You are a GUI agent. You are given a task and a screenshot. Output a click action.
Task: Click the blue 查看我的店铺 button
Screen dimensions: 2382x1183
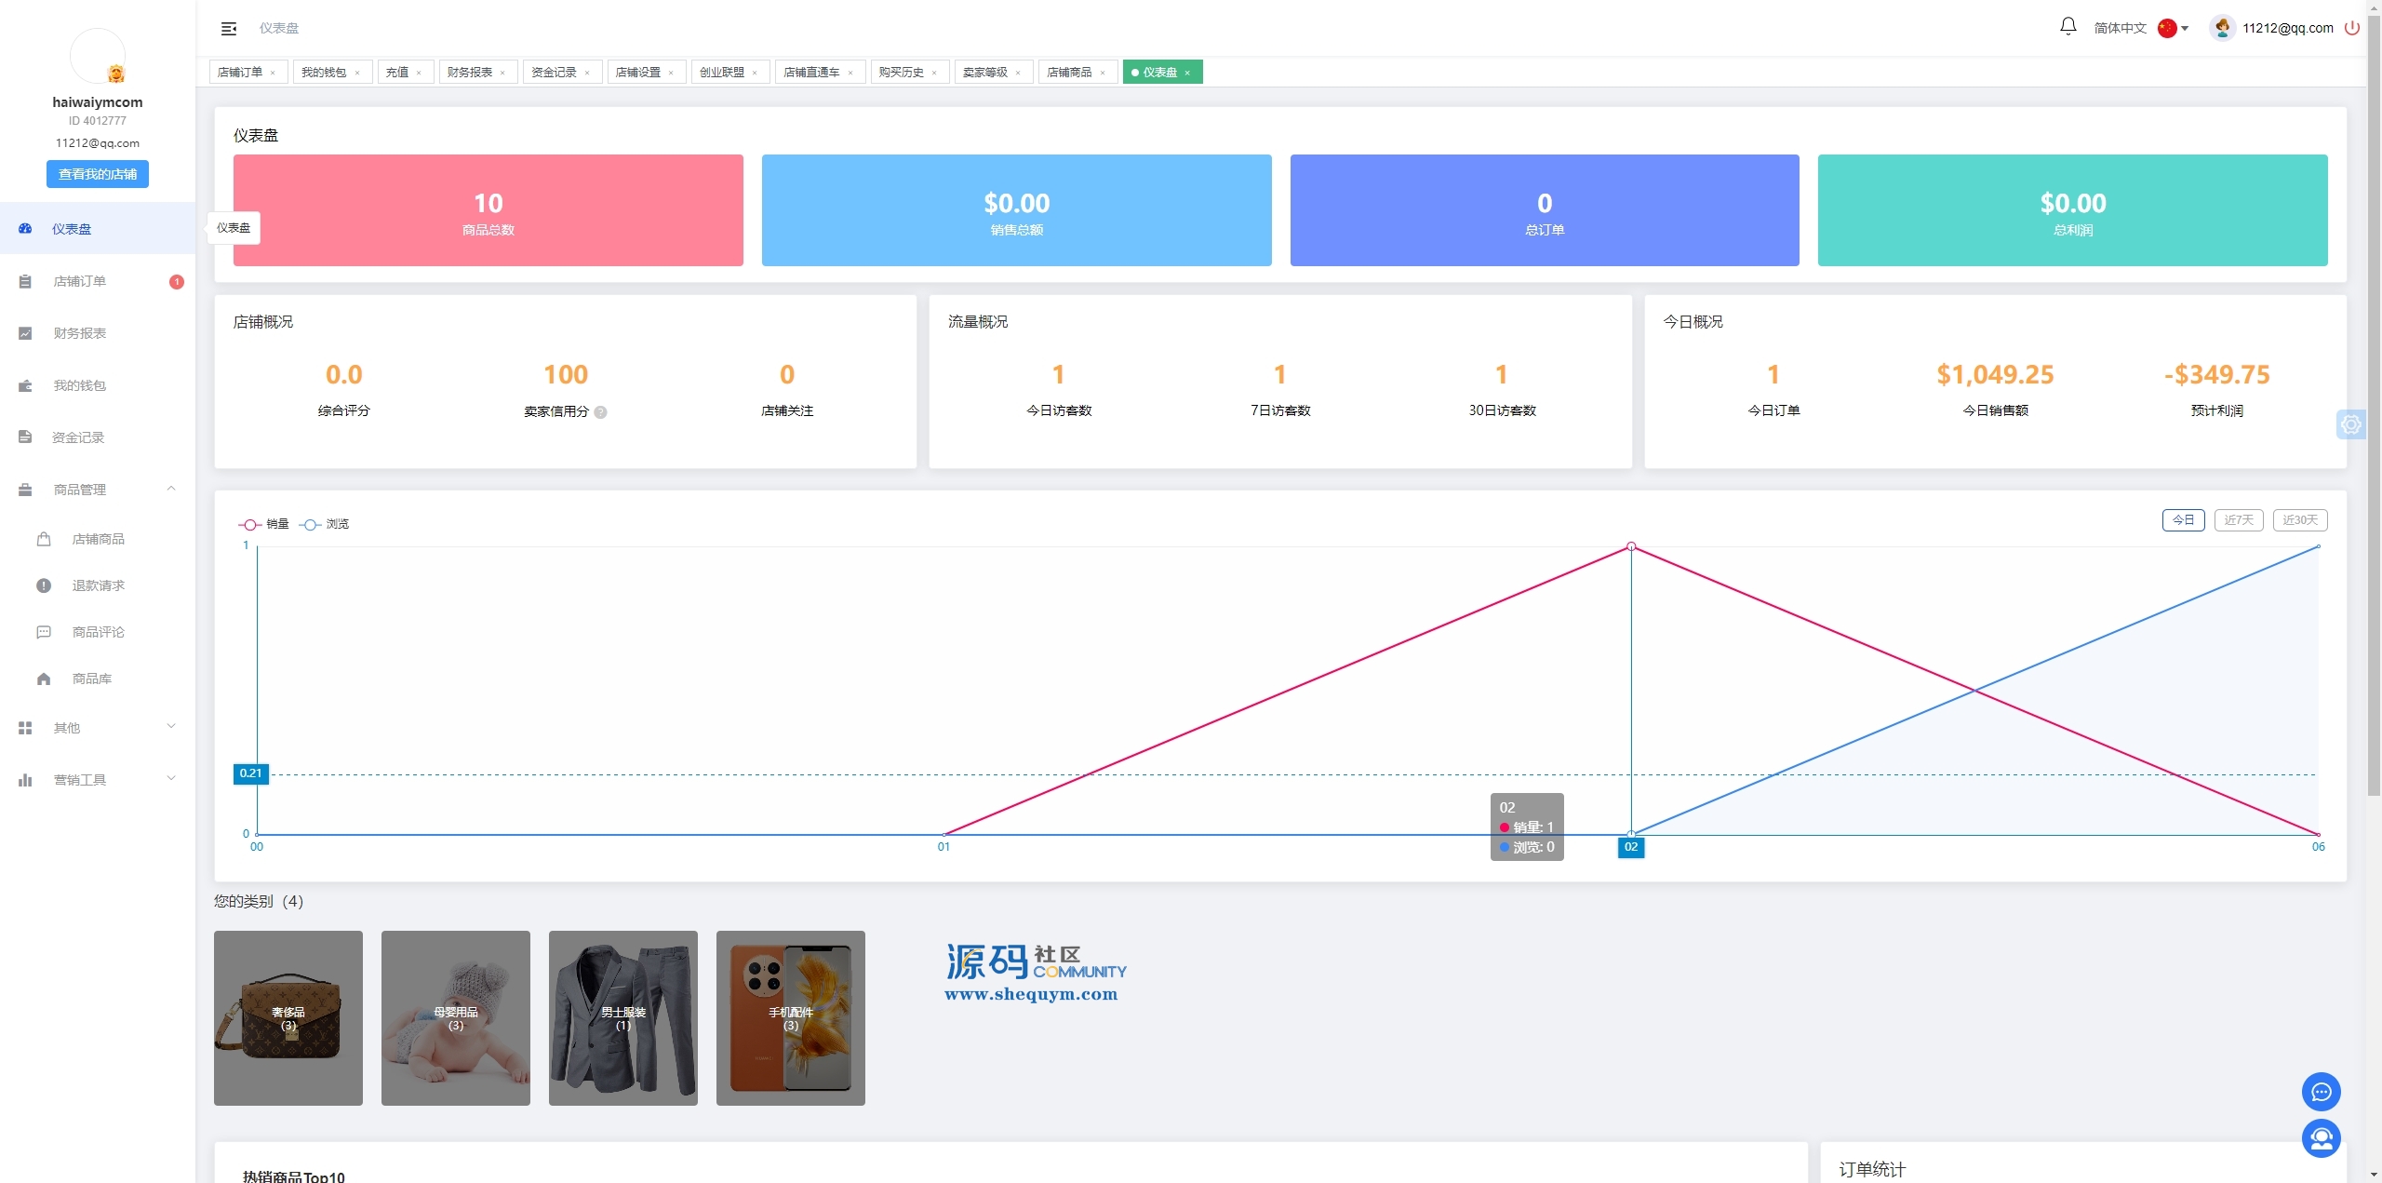pyautogui.click(x=98, y=174)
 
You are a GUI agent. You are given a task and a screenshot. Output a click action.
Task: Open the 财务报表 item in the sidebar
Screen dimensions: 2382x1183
pyautogui.click(x=80, y=333)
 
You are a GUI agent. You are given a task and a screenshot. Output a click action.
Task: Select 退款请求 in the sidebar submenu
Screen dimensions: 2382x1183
pyautogui.click(x=99, y=585)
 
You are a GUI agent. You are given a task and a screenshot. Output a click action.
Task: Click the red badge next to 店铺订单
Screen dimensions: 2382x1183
pyautogui.click(x=177, y=282)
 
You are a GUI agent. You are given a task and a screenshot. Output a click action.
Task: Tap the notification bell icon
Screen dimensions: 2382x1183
pyautogui.click(x=2068, y=27)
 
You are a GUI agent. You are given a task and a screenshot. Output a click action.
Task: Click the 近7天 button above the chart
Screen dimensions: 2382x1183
pyautogui.click(x=2239, y=520)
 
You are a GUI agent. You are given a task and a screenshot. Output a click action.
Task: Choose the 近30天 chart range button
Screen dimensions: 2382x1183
pyautogui.click(x=2300, y=520)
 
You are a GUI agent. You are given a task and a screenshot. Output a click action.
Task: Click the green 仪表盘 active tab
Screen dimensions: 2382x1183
pyautogui.click(x=1162, y=72)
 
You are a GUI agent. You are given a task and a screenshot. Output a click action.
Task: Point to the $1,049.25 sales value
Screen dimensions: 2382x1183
pyautogui.click(x=1995, y=375)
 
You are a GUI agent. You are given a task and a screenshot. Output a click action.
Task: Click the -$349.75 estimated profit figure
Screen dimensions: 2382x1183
pyautogui.click(x=2217, y=375)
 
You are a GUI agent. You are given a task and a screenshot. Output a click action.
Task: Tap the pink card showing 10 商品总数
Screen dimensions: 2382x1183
pyautogui.click(x=488, y=210)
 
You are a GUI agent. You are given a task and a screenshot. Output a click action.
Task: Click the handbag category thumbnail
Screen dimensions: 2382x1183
pyautogui.click(x=288, y=1018)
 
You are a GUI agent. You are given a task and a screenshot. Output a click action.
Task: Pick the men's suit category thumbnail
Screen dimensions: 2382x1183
pyautogui.click(x=623, y=1018)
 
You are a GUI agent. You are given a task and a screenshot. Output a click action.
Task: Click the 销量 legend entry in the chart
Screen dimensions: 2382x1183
pyautogui.click(x=264, y=524)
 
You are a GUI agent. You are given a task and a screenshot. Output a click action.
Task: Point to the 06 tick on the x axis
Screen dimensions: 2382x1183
pyautogui.click(x=2318, y=847)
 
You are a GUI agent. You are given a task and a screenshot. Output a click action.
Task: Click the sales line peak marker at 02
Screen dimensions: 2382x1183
pyautogui.click(x=1631, y=546)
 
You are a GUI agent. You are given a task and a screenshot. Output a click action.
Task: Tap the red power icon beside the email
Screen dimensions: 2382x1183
pyautogui.click(x=2352, y=28)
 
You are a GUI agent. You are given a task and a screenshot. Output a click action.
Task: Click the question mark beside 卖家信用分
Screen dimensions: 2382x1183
pyautogui.click(x=601, y=412)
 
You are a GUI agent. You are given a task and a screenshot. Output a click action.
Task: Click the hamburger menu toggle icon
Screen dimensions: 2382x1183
pyautogui.click(x=229, y=29)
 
